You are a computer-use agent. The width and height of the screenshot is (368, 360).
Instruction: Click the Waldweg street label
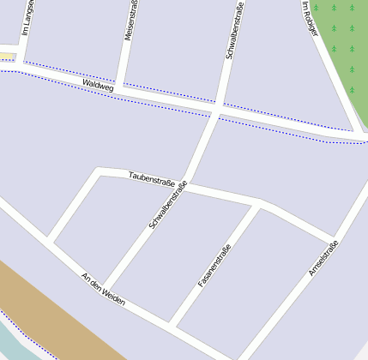pos(98,86)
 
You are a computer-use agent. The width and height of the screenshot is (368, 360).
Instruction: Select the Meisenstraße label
pos(130,19)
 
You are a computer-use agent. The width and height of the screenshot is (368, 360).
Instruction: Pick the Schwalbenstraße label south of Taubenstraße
pos(167,208)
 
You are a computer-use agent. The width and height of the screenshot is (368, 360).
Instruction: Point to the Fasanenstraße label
pos(214,266)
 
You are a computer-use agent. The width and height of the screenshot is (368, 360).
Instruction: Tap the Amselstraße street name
pos(323,258)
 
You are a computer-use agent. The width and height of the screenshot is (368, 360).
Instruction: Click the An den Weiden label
pos(103,289)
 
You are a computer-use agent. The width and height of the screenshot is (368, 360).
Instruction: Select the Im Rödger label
pos(310,18)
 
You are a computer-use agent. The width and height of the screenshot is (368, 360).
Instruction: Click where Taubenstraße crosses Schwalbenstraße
pos(188,182)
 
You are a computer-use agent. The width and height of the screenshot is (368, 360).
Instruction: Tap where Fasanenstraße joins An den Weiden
pos(172,324)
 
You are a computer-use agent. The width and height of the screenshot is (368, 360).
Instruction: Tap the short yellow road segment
pos(7,57)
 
